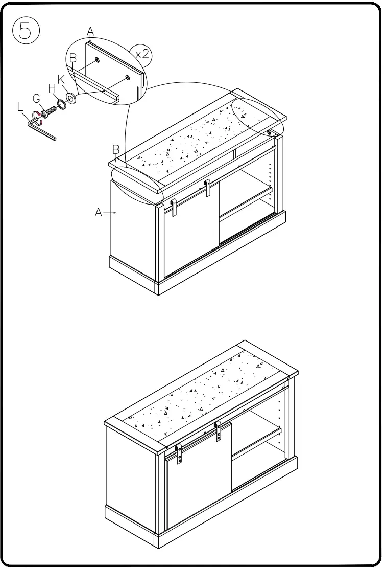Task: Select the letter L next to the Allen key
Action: click(20, 107)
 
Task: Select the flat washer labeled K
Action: click(70, 97)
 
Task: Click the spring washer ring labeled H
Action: click(61, 104)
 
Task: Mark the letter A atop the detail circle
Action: click(90, 32)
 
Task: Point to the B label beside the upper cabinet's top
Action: click(115, 149)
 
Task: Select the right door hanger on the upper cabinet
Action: click(207, 188)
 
